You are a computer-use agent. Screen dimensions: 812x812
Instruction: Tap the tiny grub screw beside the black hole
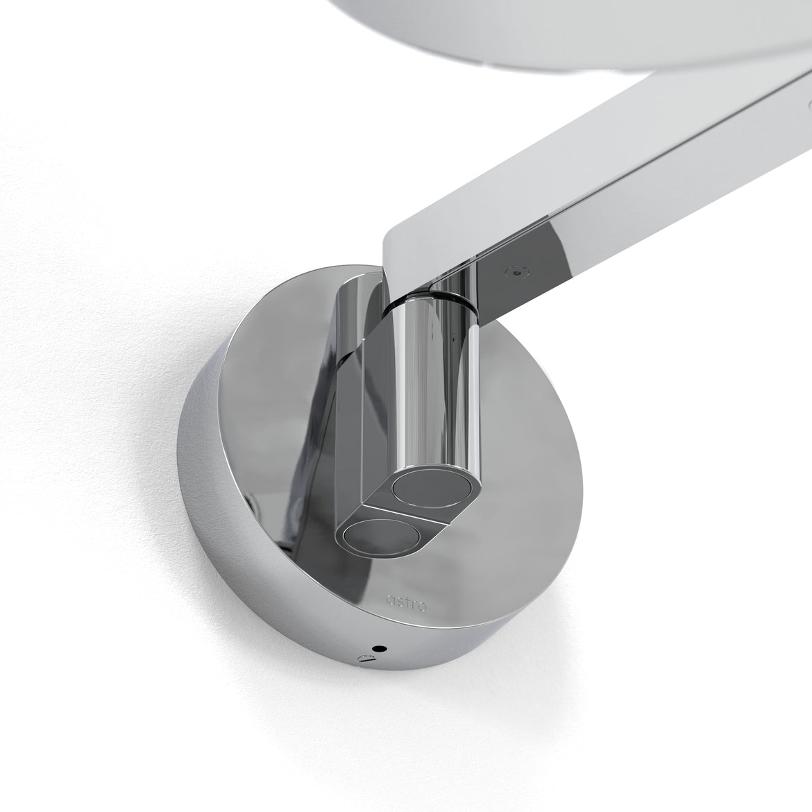pyautogui.click(x=362, y=658)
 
